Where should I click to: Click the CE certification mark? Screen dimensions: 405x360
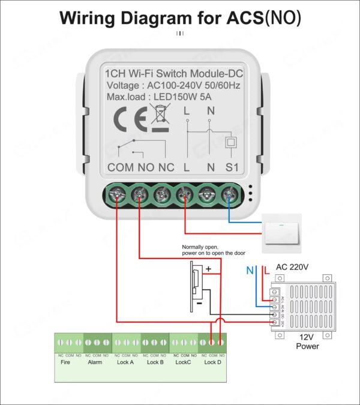[x=129, y=119]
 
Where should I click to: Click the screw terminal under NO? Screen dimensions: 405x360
[x=139, y=194]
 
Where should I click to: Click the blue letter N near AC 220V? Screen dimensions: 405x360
[x=250, y=271]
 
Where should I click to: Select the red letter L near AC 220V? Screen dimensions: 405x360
[x=266, y=271]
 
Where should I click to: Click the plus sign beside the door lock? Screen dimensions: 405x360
[x=209, y=269]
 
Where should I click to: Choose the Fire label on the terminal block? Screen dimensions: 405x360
[x=65, y=362]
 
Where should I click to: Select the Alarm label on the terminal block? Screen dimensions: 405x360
[x=95, y=362]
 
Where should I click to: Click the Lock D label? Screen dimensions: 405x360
[x=213, y=362]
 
